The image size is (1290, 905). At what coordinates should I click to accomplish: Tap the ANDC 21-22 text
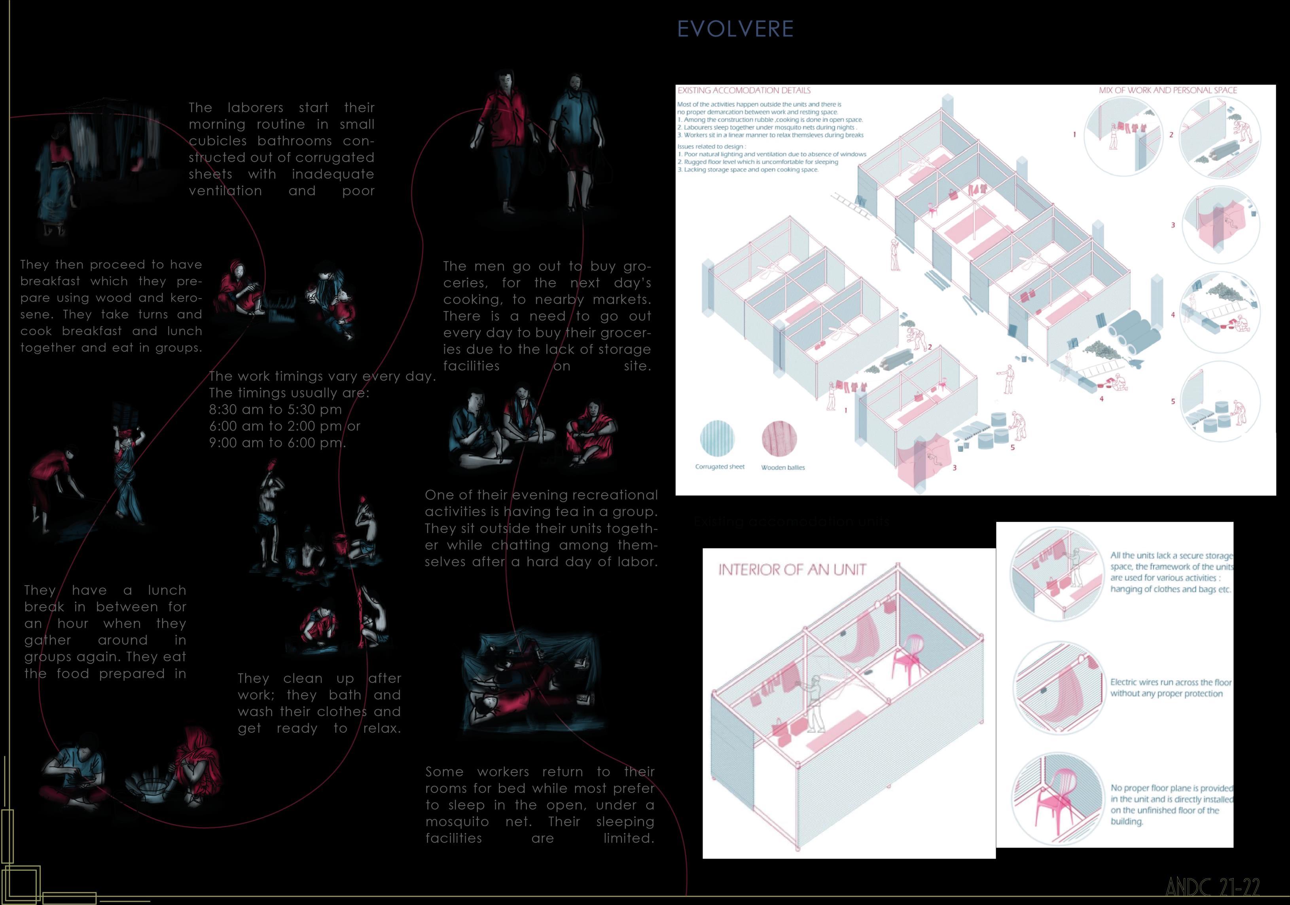pos(1212,888)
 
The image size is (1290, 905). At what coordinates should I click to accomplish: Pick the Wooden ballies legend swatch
pos(779,439)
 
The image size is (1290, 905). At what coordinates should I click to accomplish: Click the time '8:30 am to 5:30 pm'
pos(275,410)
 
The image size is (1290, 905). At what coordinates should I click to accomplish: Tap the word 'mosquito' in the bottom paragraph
pos(457,822)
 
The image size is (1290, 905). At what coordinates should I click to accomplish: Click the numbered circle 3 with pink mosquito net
pos(1220,225)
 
